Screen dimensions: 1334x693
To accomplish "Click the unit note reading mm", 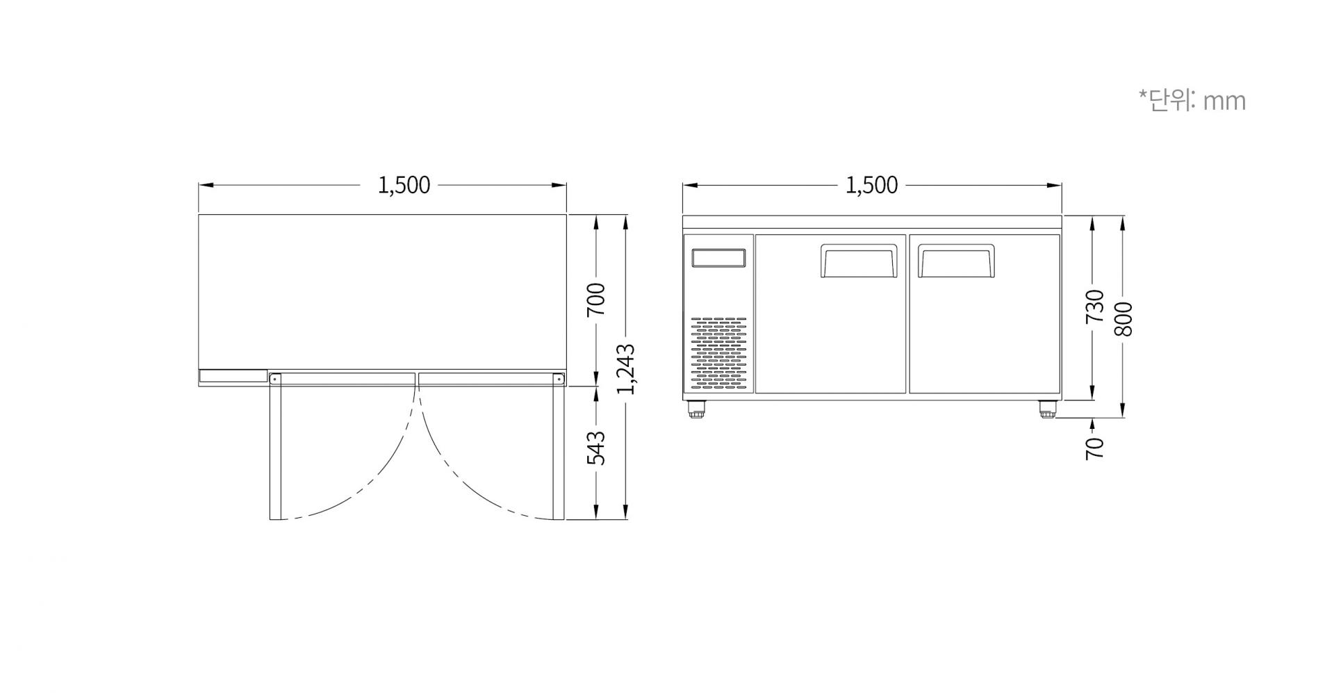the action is [x=1224, y=101].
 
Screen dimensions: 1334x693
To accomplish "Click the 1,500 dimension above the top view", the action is [x=404, y=185].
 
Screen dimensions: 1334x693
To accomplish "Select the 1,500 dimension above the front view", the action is [x=871, y=185].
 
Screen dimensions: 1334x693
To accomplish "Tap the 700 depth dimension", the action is [x=596, y=300].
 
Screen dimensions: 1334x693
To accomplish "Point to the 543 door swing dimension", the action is [x=596, y=448].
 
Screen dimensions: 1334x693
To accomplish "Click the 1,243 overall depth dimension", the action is [x=626, y=368].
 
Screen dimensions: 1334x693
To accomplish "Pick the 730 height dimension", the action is [x=1094, y=306].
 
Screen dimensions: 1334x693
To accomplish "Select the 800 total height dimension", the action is [x=1123, y=319].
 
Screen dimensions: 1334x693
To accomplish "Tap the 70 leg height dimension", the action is [x=1094, y=448].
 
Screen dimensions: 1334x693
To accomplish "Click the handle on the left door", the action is [x=859, y=261].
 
